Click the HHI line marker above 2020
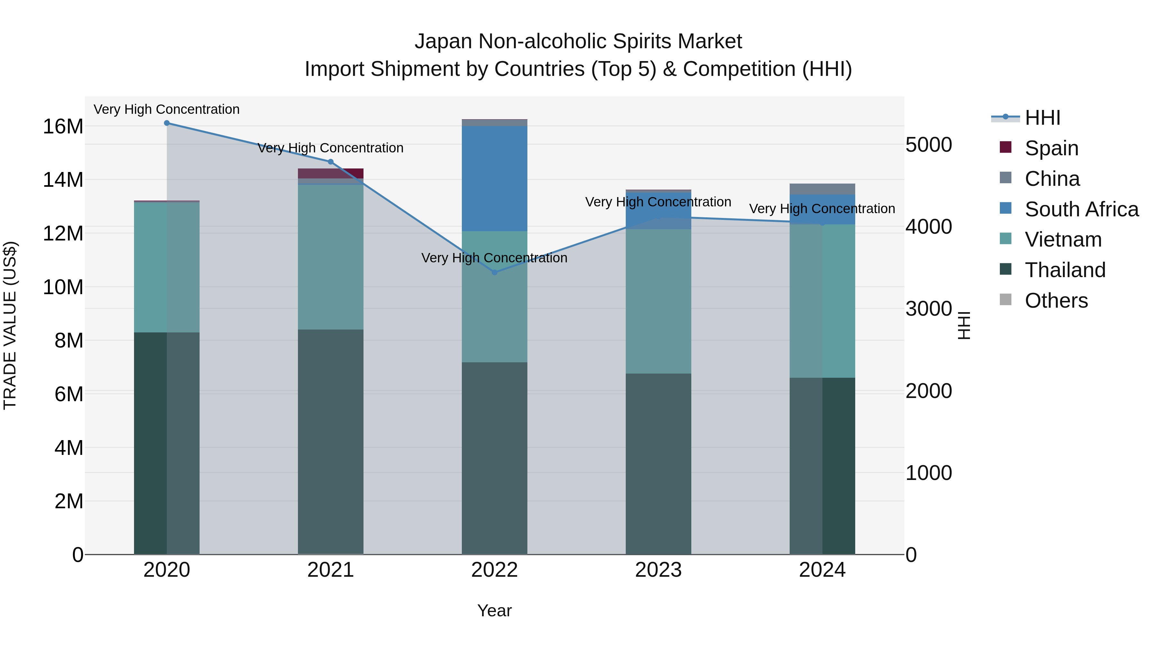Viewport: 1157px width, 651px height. pos(166,123)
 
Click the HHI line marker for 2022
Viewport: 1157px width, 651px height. pos(495,272)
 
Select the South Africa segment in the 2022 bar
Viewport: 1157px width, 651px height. pos(495,178)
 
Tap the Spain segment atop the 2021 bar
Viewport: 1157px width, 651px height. pos(331,173)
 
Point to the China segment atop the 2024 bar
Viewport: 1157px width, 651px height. pos(822,189)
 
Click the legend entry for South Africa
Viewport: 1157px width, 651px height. pos(1081,209)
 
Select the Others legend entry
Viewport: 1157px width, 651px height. pos(1056,301)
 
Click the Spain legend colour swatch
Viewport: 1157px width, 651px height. pos(1006,147)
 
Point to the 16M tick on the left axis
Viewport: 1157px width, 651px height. pos(63,127)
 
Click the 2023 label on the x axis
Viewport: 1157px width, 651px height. pos(659,570)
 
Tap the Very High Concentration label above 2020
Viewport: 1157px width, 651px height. pos(166,110)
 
